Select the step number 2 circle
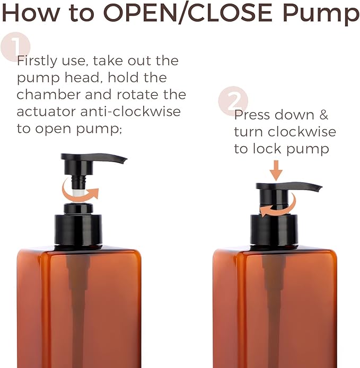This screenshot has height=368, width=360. tap(233, 101)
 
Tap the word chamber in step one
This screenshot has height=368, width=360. tap(46, 95)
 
